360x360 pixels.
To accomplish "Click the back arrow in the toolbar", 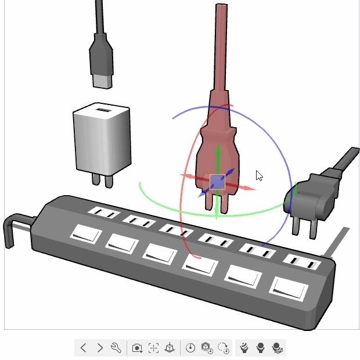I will tap(84, 348).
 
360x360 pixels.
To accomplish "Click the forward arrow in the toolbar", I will tap(100, 348).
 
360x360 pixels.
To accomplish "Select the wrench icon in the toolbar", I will tap(116, 348).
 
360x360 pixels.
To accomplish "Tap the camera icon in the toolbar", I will tap(137, 348).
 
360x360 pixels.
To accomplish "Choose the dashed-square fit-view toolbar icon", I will tap(153, 348).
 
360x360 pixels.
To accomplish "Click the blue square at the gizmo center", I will tap(217, 182).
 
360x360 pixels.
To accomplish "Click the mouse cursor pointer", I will tap(259, 175).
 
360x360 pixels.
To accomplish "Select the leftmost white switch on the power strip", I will tap(86, 235).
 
